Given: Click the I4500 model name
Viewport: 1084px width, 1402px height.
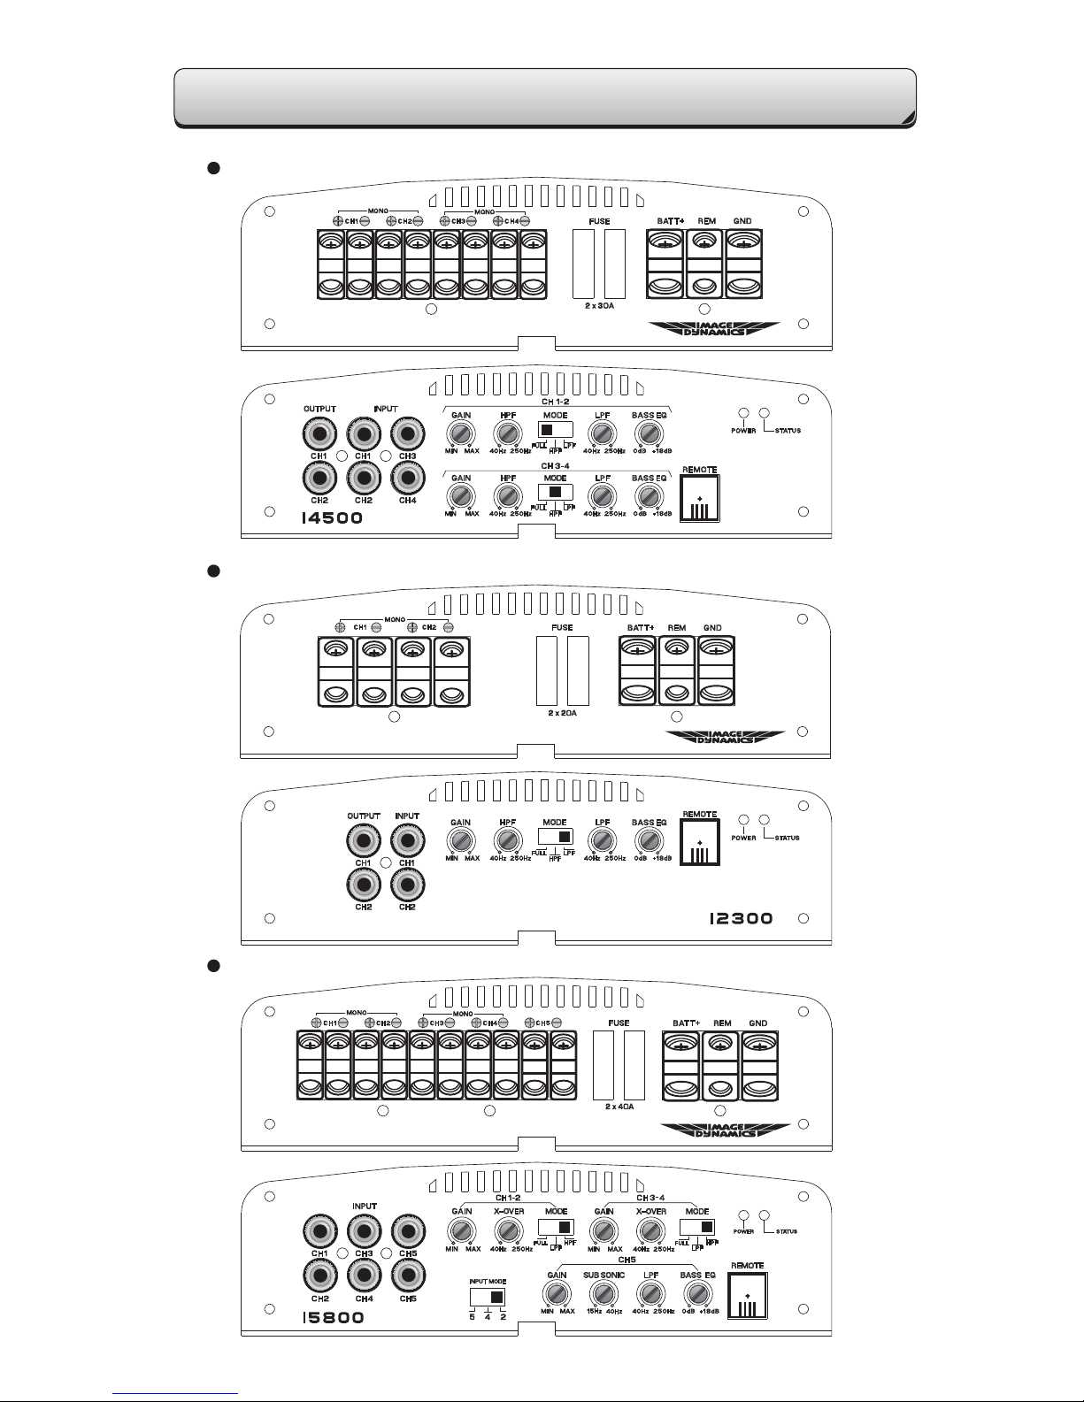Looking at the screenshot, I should tap(332, 518).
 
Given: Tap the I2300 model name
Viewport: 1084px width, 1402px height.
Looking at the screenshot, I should tap(741, 918).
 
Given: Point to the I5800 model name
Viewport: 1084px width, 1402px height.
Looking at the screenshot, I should tap(332, 1318).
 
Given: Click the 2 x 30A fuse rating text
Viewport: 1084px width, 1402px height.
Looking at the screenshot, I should tap(598, 305).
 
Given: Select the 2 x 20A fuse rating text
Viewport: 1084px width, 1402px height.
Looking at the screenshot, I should tap(562, 712).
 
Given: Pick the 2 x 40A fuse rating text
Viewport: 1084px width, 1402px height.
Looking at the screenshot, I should tap(619, 1106).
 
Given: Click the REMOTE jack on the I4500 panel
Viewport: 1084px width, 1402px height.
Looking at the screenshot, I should tap(700, 499).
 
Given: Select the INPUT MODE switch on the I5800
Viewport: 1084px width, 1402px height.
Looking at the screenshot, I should tap(487, 1297).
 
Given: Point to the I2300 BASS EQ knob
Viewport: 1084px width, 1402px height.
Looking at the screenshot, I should tap(649, 840).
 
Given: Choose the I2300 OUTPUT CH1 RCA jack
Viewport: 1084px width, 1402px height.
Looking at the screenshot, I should tap(363, 840).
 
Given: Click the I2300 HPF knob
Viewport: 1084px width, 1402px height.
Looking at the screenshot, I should tap(507, 840).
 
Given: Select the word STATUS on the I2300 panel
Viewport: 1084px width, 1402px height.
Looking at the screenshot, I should tap(787, 838).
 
